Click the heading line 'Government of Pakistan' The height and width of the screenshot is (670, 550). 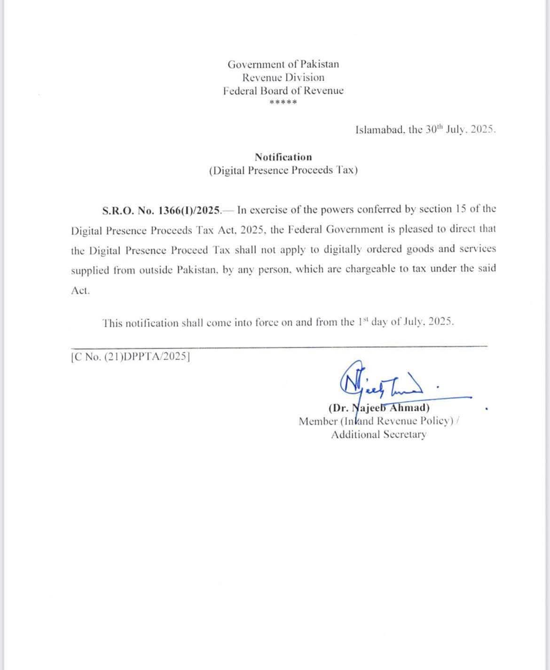pos(283,64)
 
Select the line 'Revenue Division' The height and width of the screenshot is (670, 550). pos(283,78)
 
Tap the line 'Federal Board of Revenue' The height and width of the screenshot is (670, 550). pos(283,91)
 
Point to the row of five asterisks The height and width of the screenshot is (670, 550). pos(283,103)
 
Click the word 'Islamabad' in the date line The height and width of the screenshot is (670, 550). pos(379,130)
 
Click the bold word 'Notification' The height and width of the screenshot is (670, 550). pos(283,157)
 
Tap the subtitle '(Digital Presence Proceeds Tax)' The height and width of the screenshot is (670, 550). pos(283,170)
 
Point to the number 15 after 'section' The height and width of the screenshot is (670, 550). pos(461,209)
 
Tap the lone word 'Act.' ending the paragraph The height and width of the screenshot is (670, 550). pos(80,291)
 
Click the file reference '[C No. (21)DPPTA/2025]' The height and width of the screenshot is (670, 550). pos(130,358)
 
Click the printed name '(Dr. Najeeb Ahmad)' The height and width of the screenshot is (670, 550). pos(379,408)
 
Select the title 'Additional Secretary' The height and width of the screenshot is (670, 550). pos(379,434)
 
